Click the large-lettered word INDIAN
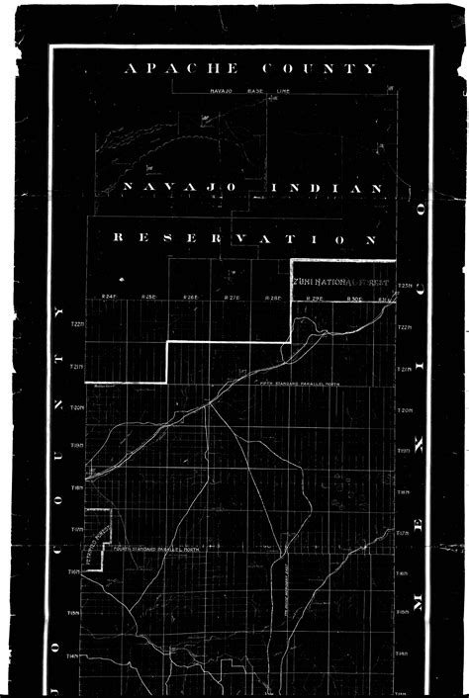click(x=326, y=187)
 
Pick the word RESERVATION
click(x=244, y=238)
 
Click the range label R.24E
click(x=109, y=298)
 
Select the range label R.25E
click(x=149, y=298)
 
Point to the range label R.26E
click(x=191, y=298)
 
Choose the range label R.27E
click(x=233, y=298)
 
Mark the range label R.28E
click(x=274, y=298)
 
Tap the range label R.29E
click(x=316, y=298)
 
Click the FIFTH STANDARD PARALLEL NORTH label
click(x=297, y=383)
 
